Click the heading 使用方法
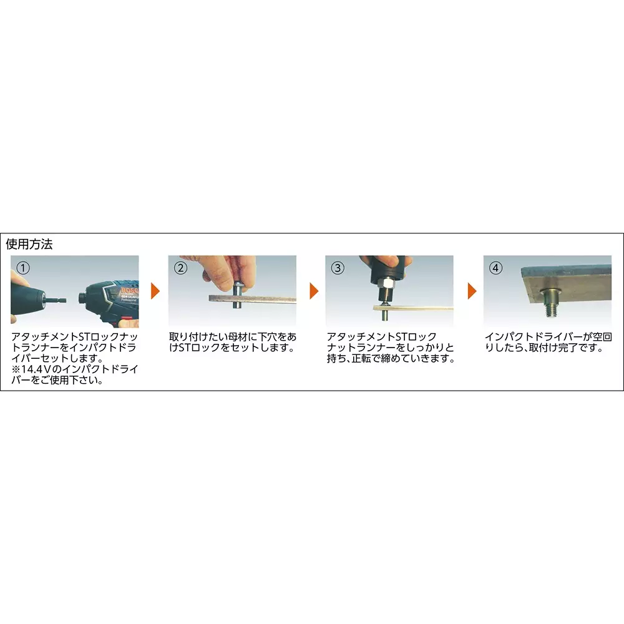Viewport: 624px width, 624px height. [29, 244]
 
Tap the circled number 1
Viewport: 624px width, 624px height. [23, 268]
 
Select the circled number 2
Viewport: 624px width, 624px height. [181, 268]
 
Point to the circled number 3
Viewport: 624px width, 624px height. [338, 268]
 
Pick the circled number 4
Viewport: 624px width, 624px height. [495, 268]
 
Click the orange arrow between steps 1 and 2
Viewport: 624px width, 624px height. [155, 291]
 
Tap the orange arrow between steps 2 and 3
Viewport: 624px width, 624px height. [314, 291]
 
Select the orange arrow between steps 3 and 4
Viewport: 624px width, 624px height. [472, 291]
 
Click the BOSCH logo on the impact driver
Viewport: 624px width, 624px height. [130, 291]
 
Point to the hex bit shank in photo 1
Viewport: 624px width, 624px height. [56, 298]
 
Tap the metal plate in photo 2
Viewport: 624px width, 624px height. [252, 299]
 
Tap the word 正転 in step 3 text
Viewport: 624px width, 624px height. [362, 359]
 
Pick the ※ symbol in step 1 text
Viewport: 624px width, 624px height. [16, 369]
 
